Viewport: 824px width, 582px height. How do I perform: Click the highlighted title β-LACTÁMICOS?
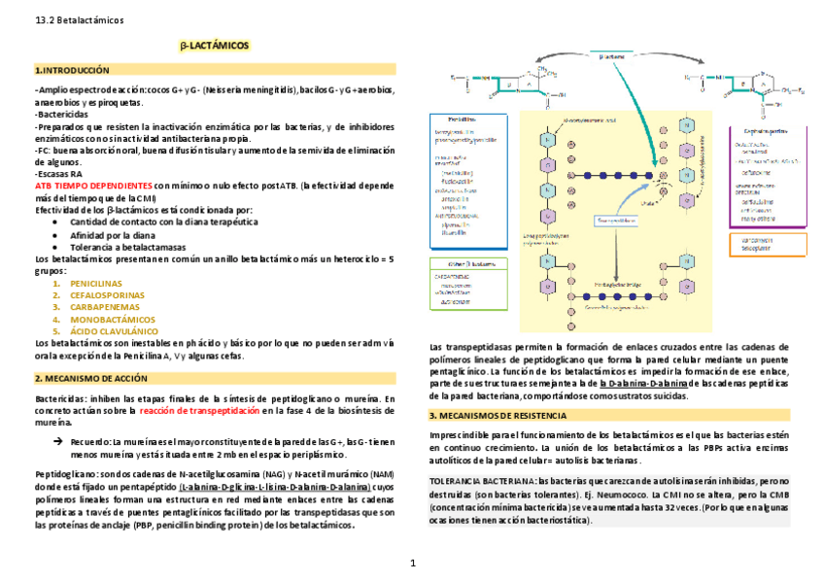[x=215, y=46]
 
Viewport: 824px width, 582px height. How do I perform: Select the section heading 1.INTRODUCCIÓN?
[x=72, y=70]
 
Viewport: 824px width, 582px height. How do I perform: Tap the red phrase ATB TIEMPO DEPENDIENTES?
[x=92, y=185]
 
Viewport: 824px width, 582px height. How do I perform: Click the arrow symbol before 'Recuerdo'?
[x=56, y=441]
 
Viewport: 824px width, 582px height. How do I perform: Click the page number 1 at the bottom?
[x=412, y=563]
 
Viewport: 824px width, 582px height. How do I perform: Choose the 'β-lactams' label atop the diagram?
[x=611, y=57]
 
